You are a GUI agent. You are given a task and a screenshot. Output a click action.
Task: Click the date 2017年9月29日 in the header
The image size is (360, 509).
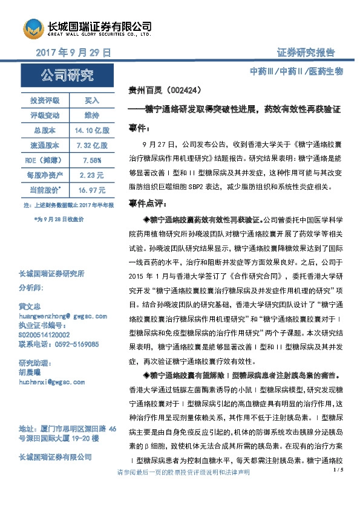pyautogui.click(x=74, y=53)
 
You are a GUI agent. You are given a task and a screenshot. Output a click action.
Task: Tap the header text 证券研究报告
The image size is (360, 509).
pyautogui.click(x=306, y=53)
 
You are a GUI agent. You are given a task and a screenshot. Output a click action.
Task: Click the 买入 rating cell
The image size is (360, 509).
pyautogui.click(x=91, y=100)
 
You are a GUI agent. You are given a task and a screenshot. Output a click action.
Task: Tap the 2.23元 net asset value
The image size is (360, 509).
pyautogui.click(x=91, y=175)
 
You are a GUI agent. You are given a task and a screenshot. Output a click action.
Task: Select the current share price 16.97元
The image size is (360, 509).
pyautogui.click(x=91, y=190)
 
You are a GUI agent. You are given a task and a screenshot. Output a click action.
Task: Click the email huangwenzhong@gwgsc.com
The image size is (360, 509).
pyautogui.click(x=63, y=316)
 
